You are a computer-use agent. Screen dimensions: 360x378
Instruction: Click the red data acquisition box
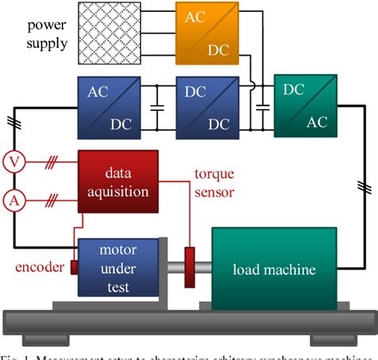click(117, 182)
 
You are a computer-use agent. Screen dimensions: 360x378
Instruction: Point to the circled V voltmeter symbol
click(13, 161)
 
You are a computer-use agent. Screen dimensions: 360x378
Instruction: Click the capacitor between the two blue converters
click(159, 105)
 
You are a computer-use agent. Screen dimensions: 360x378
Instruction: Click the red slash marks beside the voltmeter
click(52, 161)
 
